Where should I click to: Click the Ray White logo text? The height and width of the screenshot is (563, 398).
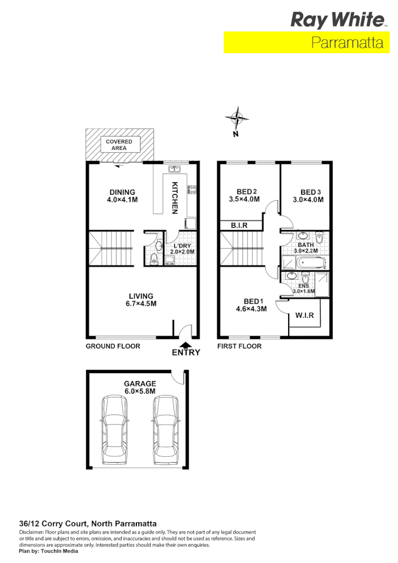(337, 21)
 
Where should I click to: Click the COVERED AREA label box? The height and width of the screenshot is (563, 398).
(119, 145)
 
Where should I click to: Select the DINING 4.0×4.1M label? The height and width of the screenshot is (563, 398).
(123, 196)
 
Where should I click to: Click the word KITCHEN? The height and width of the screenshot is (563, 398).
(174, 198)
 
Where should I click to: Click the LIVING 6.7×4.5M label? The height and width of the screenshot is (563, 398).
(141, 300)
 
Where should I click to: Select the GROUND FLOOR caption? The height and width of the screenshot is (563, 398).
(113, 346)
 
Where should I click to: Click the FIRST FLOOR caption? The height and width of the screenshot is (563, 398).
(239, 346)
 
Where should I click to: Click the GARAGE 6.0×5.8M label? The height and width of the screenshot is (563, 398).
(140, 387)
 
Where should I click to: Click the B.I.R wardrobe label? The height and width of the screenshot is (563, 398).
(239, 226)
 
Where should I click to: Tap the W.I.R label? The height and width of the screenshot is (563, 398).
(304, 316)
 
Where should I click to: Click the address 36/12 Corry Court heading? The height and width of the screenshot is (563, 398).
(88, 523)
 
